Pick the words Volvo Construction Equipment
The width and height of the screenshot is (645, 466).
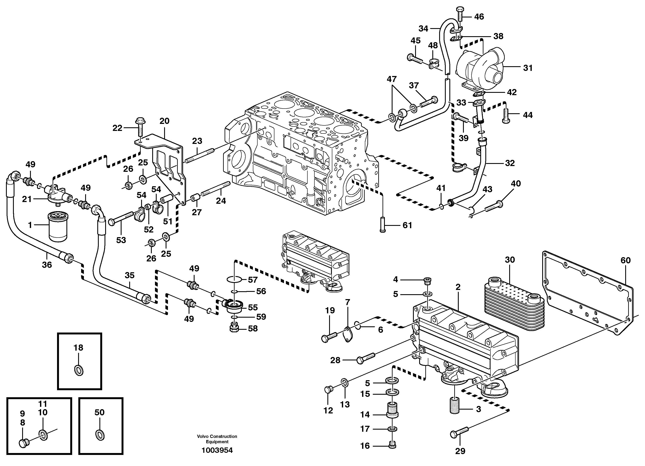217,439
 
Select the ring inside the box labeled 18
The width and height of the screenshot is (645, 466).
79,370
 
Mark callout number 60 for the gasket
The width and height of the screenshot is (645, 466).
625,260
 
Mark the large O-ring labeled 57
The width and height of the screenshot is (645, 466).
234,280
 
